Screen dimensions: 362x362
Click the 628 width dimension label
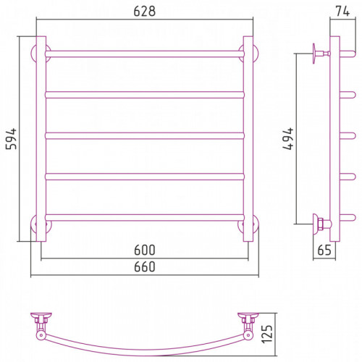coord(145,11)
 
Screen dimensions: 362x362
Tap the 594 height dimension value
coord(12,139)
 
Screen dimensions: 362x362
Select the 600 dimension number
coord(145,250)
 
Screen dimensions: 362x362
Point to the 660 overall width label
coord(145,266)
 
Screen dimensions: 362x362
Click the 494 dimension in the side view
coord(288,139)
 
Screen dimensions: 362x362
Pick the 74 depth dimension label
coord(342,11)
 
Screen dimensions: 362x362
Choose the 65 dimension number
coord(324,250)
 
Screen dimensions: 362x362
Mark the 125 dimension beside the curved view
coord(267,334)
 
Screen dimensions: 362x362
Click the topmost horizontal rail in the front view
coord(145,54)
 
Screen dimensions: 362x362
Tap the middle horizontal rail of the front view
coord(145,135)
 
